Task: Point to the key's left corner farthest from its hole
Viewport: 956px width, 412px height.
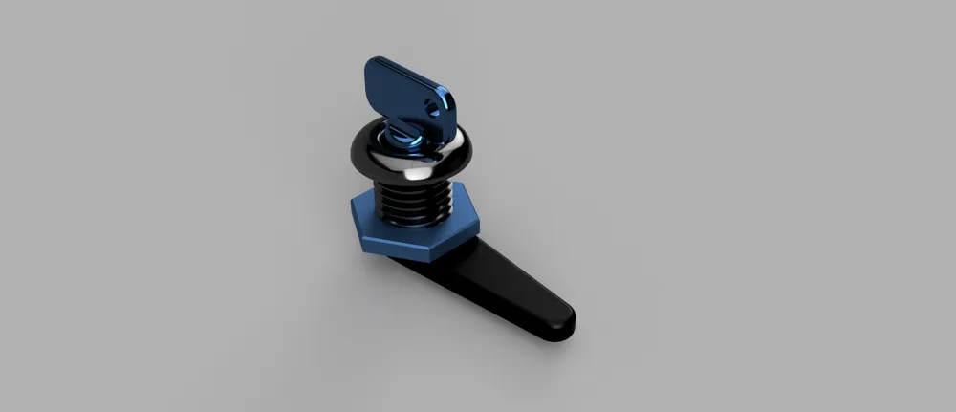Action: pyautogui.click(x=367, y=73)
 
